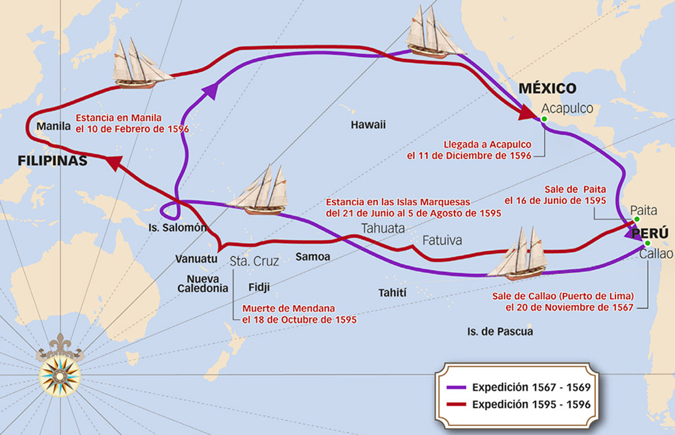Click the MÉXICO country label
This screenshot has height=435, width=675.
coord(547,88)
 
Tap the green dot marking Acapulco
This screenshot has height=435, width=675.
coord(543,119)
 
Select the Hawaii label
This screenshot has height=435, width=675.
coord(368,125)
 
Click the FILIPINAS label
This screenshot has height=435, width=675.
coord(52,161)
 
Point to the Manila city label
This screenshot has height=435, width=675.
coord(54,126)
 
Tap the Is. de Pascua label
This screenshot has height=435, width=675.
coord(499,332)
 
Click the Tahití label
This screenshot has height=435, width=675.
coord(392,293)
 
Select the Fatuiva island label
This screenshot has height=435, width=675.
coord(442,240)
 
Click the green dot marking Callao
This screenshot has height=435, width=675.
coord(646,243)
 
